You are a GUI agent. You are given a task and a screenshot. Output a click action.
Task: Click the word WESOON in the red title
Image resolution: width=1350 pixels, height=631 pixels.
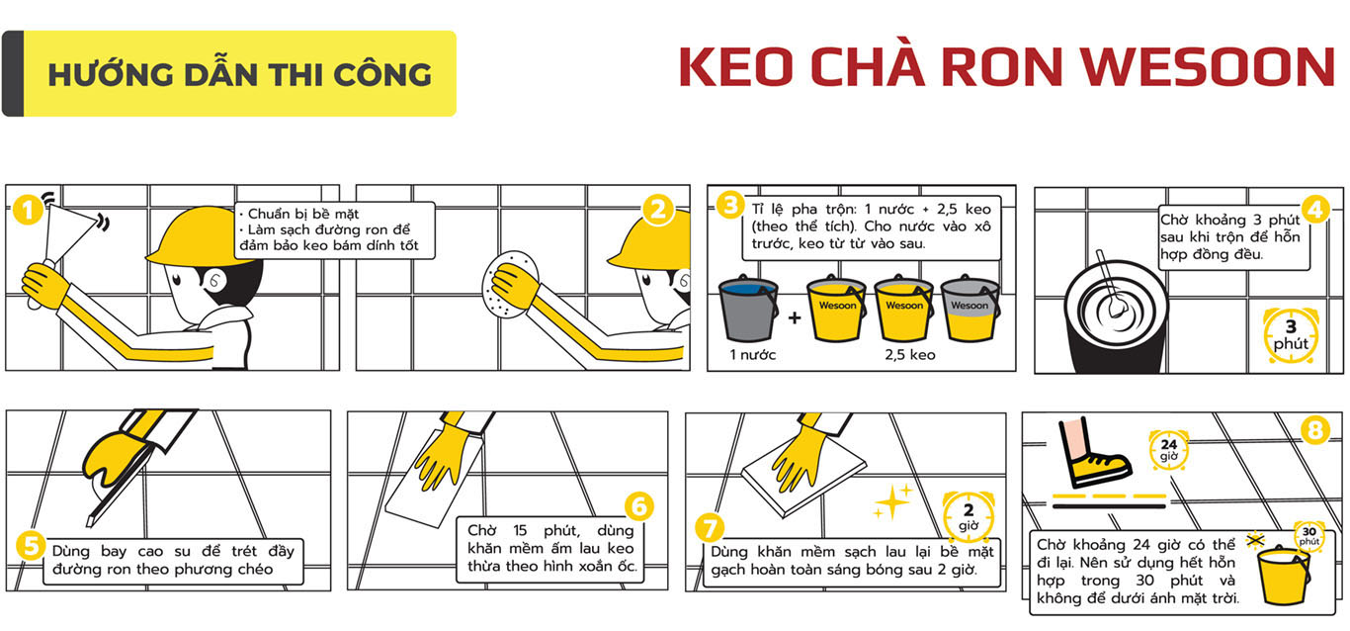coord(1207,66)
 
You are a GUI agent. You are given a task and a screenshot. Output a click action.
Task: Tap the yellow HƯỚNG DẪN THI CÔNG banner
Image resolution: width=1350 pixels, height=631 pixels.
coord(229,73)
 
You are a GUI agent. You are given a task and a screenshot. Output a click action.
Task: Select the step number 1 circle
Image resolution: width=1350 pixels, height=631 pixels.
coord(27,211)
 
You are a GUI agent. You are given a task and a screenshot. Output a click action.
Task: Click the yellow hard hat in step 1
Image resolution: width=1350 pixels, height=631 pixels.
coord(199,236)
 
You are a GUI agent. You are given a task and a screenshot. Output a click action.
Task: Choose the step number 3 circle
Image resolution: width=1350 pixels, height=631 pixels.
coord(729,205)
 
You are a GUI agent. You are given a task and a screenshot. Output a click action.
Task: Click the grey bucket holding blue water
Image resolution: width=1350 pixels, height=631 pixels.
coord(748,309)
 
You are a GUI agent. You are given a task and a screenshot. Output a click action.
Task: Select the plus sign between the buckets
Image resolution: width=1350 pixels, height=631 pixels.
coord(795,317)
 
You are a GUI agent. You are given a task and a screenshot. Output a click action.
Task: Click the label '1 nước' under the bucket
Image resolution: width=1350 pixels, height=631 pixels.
coord(753,355)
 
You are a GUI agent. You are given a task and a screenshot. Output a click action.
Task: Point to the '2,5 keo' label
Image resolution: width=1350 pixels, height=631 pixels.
coord(910,355)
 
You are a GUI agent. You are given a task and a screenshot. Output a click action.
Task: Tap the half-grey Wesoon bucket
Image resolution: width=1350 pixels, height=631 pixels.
coord(970,309)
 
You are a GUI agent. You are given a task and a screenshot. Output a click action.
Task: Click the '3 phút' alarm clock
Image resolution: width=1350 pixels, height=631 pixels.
coord(1291,335)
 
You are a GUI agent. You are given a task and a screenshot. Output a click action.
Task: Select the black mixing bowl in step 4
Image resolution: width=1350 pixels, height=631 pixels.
coord(1116,316)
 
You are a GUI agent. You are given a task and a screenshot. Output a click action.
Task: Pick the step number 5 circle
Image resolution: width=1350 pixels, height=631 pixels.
coord(30,545)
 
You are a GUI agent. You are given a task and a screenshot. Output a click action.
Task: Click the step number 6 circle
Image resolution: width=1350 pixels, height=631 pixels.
coord(639,506)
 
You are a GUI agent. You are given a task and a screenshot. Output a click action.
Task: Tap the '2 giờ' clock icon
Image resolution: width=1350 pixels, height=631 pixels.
coord(968,517)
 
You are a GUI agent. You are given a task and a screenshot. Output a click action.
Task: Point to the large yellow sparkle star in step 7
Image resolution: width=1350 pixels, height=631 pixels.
coord(892,501)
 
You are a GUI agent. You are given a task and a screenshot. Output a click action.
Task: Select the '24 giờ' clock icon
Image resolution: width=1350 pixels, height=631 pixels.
coord(1168,450)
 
